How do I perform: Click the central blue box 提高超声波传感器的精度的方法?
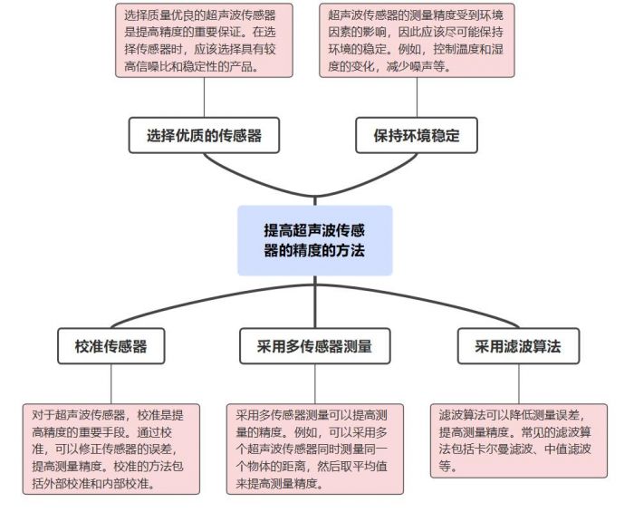pyautogui.click(x=314, y=239)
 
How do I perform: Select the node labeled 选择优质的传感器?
pyautogui.click(x=204, y=136)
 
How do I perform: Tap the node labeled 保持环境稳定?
pyautogui.click(x=416, y=136)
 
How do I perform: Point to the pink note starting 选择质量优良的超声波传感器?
pyautogui.click(x=204, y=40)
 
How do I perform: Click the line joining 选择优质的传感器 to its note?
pyautogui.click(x=204, y=98)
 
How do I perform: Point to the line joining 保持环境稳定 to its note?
pyautogui.click(x=416, y=98)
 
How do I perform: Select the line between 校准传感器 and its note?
pyautogui.click(x=111, y=384)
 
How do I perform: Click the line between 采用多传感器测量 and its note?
pyautogui.click(x=314, y=384)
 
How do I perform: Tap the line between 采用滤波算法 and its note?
pyautogui.click(x=518, y=384)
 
